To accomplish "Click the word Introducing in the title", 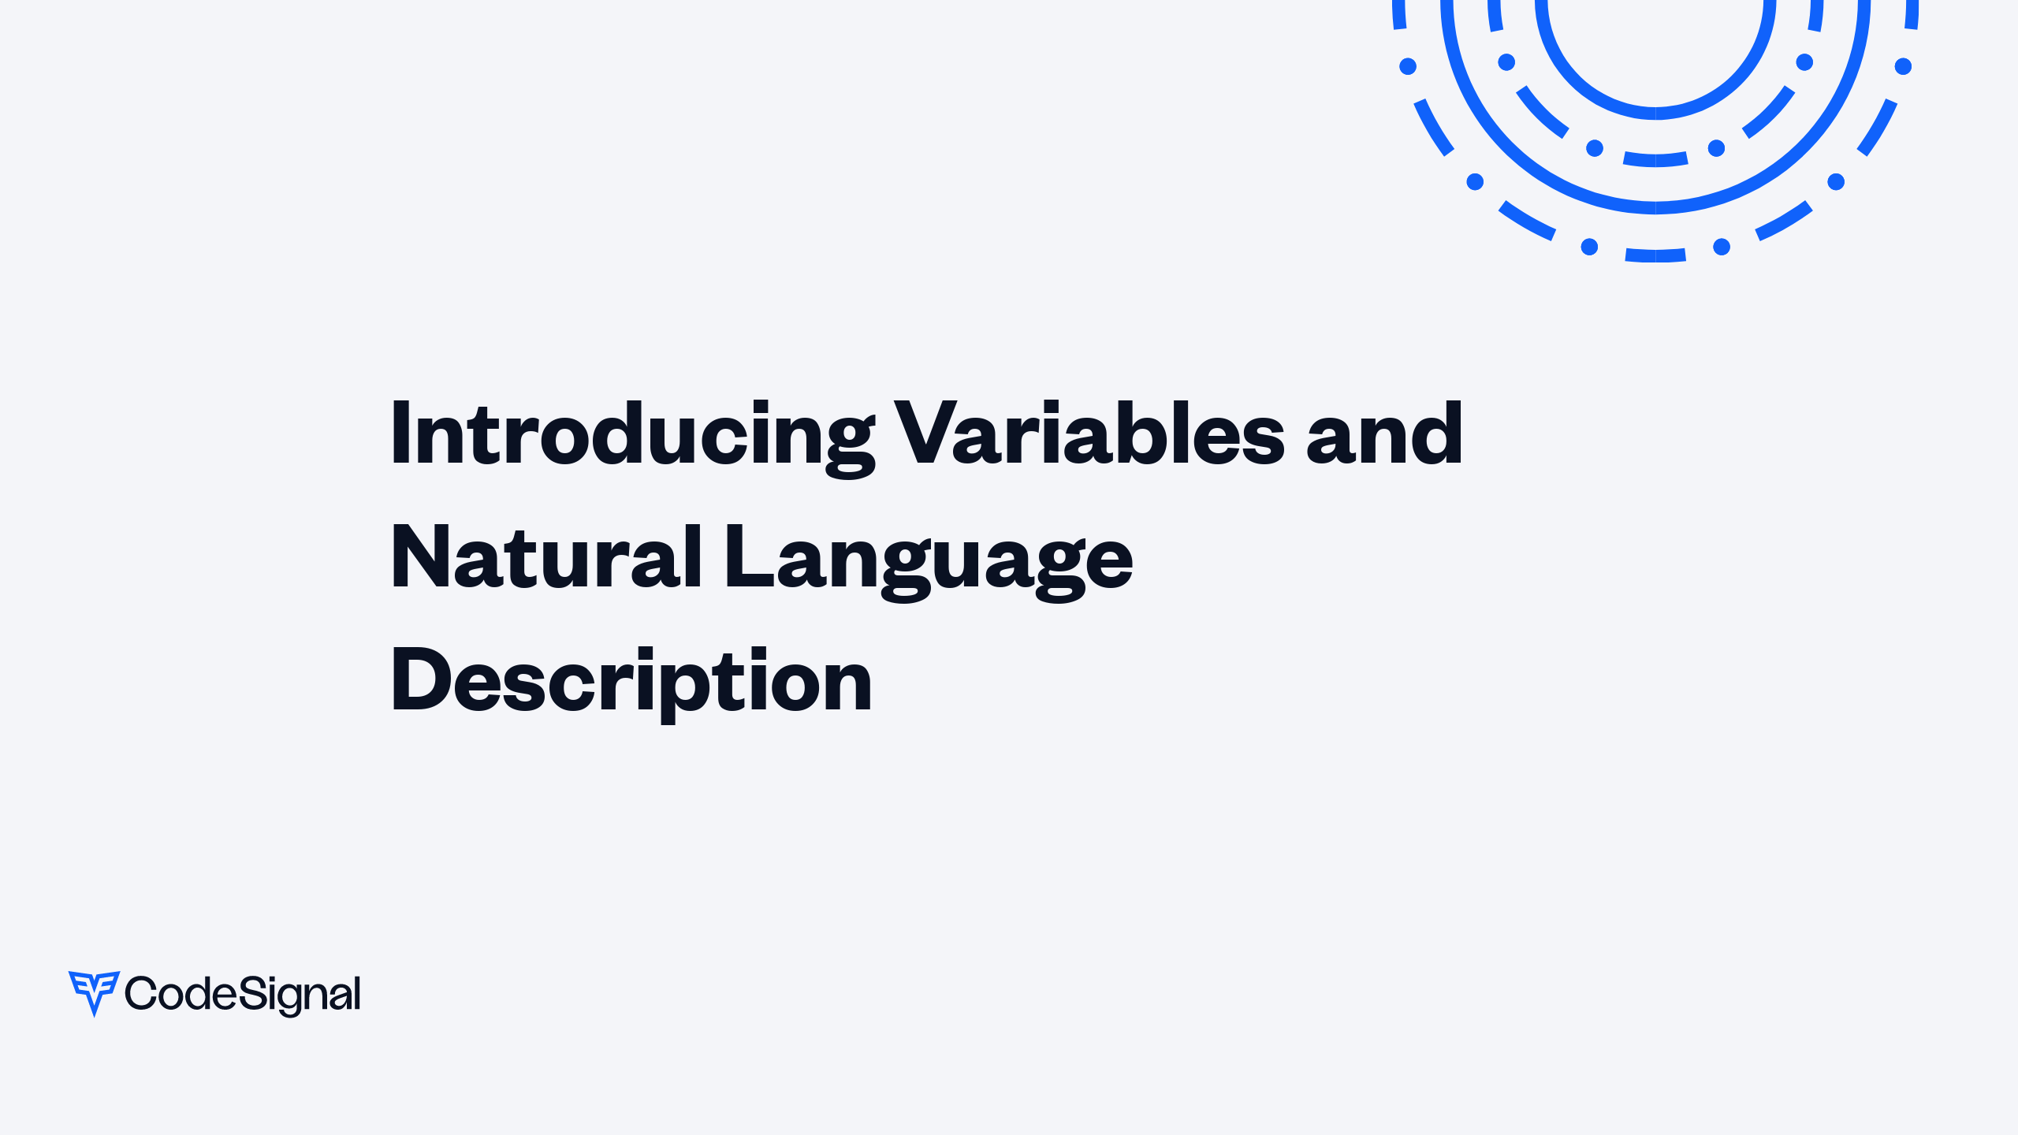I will click(631, 434).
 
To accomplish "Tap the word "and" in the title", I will click(1383, 434).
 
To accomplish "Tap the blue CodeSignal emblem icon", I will click(94, 992).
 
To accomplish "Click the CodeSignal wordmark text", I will click(243, 994).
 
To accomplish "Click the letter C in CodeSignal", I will click(140, 993).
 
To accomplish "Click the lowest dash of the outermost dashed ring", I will click(1655, 255).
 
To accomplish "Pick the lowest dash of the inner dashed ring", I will click(1655, 159).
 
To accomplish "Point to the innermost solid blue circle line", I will click(1655, 113).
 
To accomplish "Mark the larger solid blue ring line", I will click(1655, 207).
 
